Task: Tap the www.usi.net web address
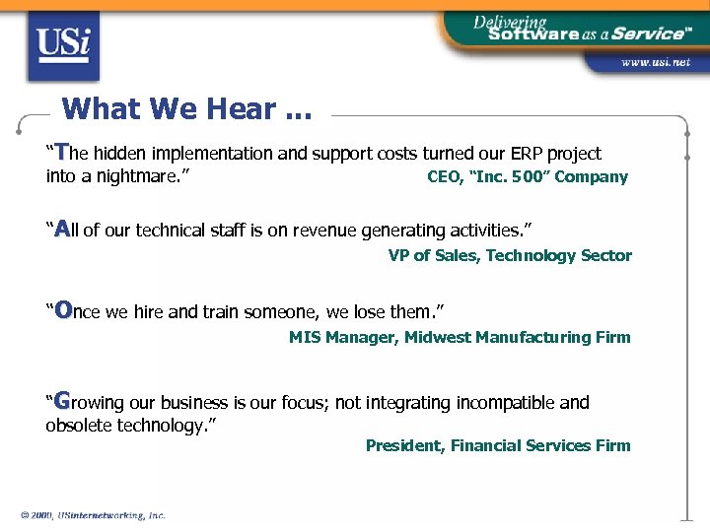[x=655, y=62]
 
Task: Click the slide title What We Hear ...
[x=185, y=108]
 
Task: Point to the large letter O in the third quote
[x=63, y=310]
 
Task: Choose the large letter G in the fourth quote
[x=62, y=401]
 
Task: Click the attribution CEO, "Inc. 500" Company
[x=527, y=177]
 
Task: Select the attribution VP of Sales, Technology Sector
[x=510, y=256]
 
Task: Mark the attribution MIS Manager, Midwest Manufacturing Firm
[x=460, y=338]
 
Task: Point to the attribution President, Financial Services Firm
[x=498, y=445]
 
